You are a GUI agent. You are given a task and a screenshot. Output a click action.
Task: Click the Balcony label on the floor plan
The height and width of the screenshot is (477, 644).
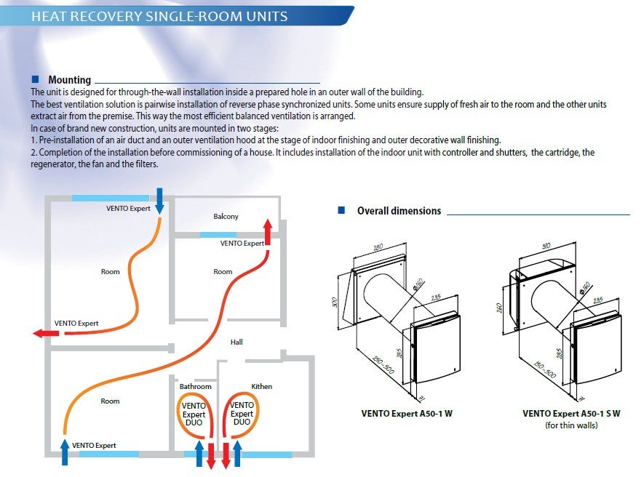226,217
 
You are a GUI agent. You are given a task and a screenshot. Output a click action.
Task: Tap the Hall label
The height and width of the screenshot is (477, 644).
236,342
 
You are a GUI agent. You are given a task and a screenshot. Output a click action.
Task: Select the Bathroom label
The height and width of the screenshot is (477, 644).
195,386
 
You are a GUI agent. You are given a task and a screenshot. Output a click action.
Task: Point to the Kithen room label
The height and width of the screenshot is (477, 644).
261,386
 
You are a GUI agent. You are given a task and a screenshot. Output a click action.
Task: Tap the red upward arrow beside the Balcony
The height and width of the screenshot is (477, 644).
268,233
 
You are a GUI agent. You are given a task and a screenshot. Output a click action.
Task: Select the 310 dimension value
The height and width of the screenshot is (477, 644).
547,245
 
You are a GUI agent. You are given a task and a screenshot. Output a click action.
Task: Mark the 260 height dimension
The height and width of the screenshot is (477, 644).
500,307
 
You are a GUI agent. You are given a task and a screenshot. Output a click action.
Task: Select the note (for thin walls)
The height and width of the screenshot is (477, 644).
571,425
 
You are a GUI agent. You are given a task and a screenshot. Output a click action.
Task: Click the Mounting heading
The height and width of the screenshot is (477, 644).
70,80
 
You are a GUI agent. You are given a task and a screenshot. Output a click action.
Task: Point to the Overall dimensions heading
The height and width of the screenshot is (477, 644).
399,211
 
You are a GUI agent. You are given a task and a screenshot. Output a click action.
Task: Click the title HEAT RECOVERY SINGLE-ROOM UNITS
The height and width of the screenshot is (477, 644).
159,16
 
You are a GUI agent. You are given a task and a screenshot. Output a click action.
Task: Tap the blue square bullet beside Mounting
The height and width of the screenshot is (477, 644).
35,79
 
